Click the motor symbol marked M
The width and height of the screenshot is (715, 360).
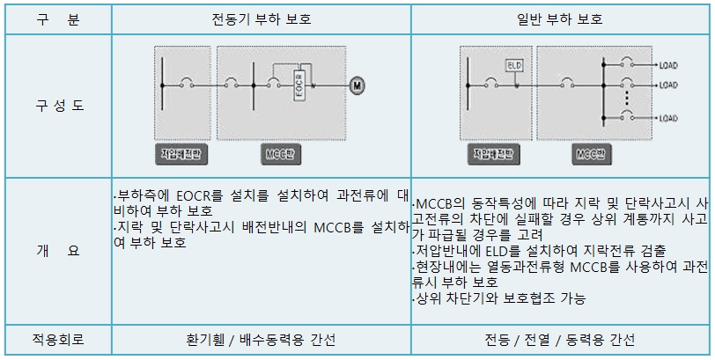tap(357, 85)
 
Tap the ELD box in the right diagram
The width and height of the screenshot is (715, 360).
tap(514, 65)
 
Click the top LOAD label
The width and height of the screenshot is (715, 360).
tap(668, 64)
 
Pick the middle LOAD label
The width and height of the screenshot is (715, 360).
tap(668, 85)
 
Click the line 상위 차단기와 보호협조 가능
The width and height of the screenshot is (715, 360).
tap(498, 298)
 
